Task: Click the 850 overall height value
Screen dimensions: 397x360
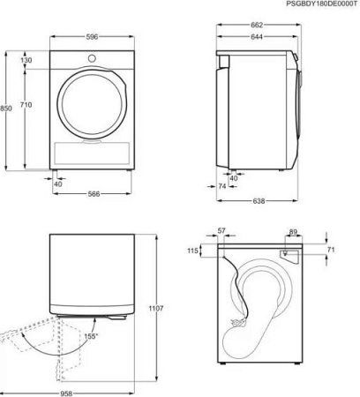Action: coord(7,109)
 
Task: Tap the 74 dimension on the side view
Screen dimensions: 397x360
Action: coord(224,188)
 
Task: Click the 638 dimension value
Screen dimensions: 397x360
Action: coord(259,202)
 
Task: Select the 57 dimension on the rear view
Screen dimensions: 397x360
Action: coord(221,231)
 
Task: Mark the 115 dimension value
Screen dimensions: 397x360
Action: coord(193,251)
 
